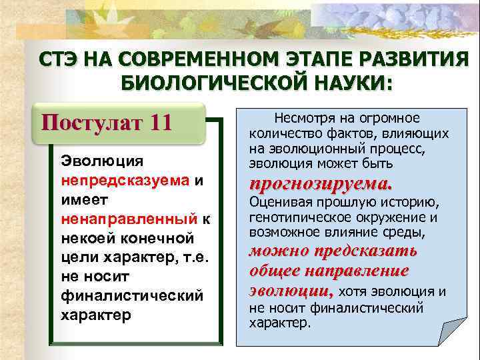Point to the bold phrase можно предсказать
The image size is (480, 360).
coord(333,251)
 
